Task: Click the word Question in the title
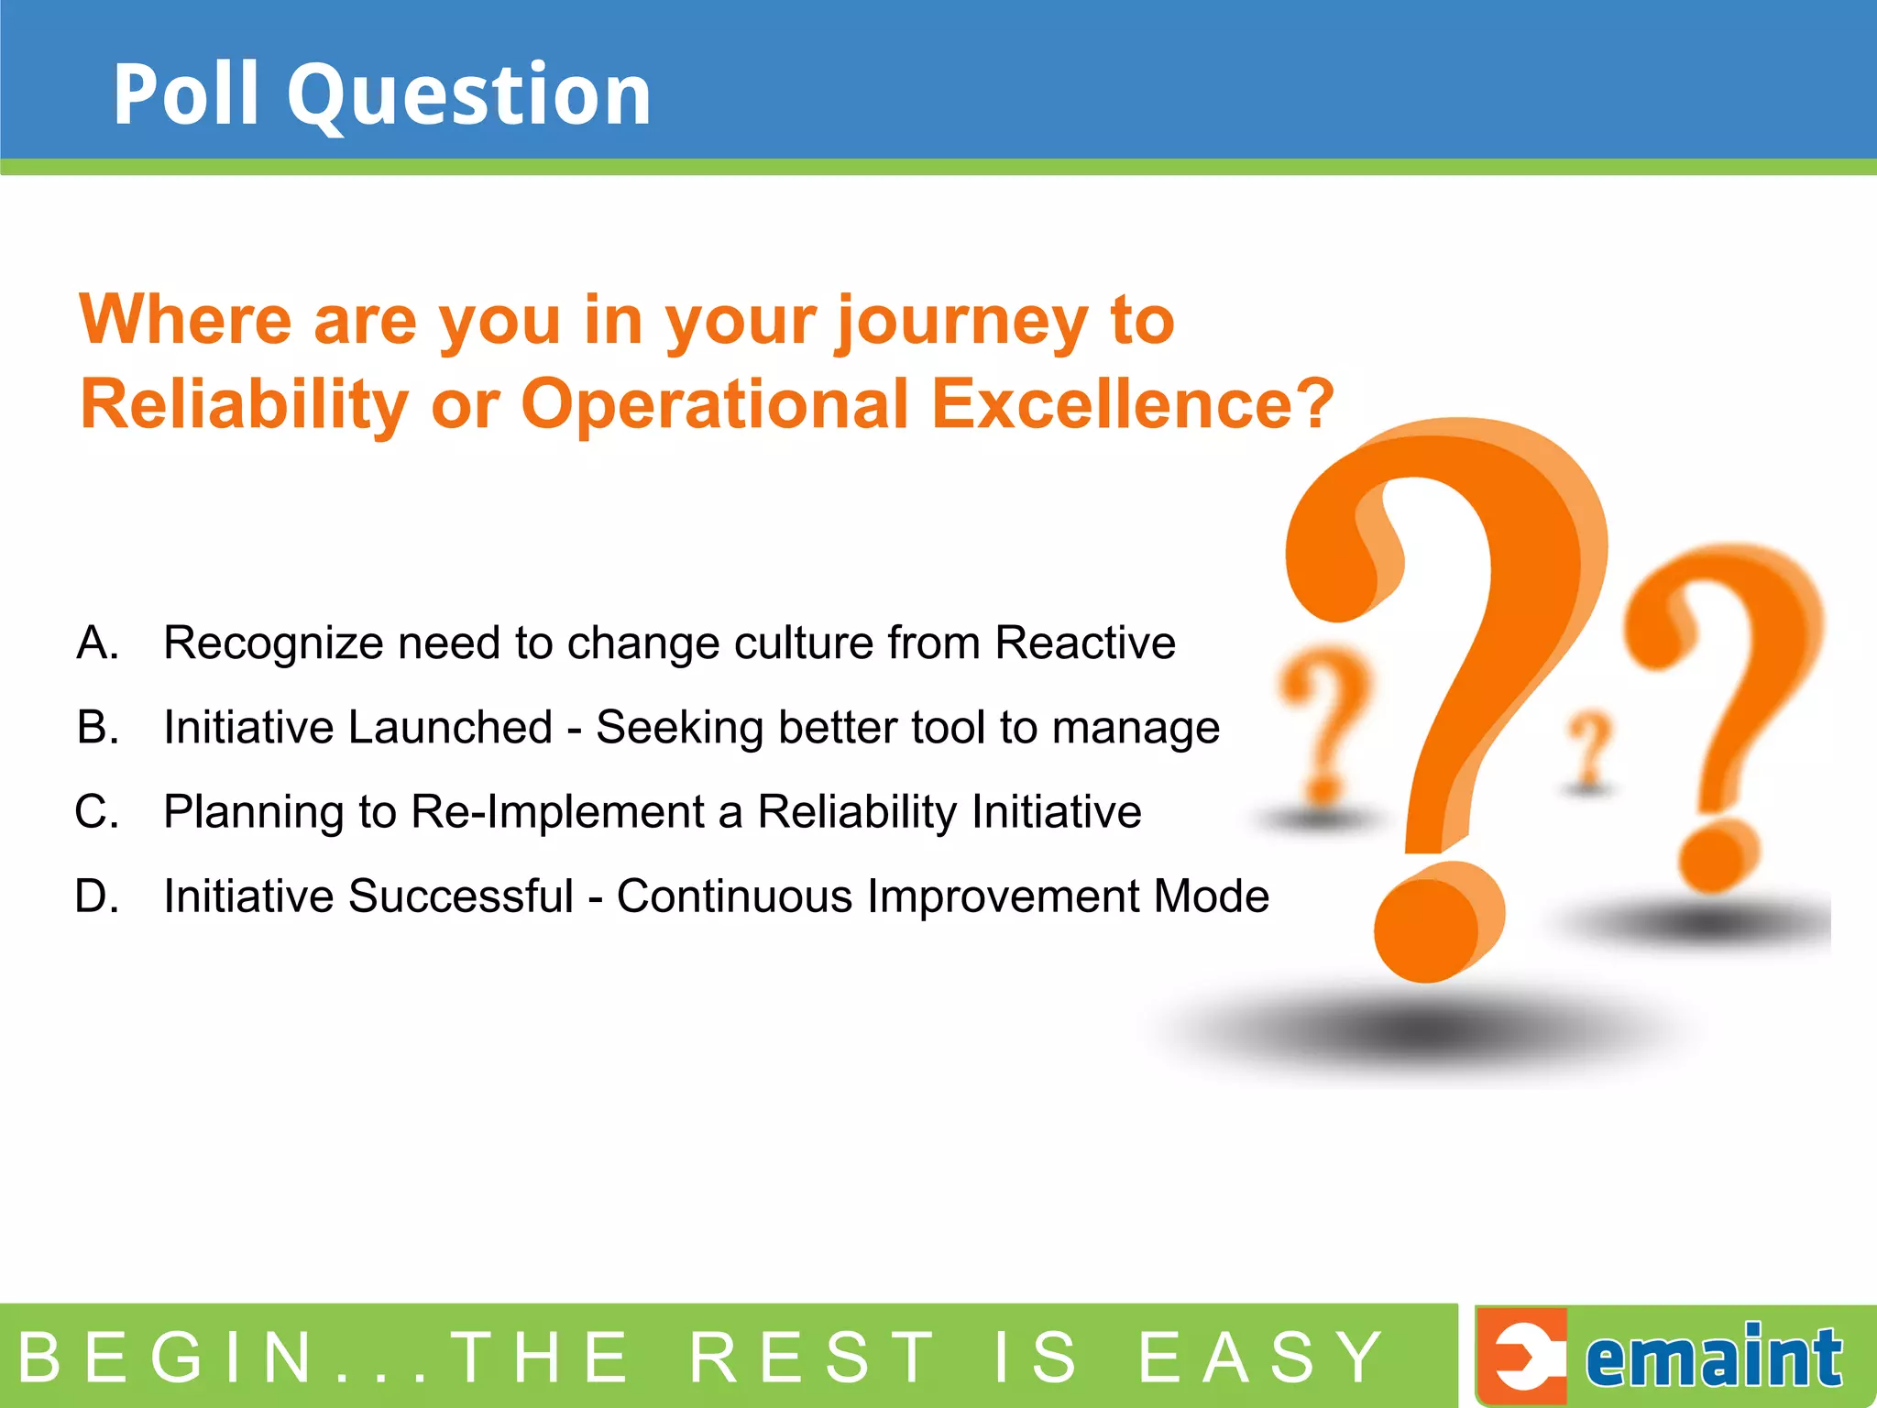tap(469, 95)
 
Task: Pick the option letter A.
tap(97, 643)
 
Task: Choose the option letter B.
tap(97, 727)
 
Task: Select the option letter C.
tap(97, 811)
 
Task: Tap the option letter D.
tap(97, 896)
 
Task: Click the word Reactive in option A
tap(1085, 643)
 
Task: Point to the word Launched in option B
tap(449, 727)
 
